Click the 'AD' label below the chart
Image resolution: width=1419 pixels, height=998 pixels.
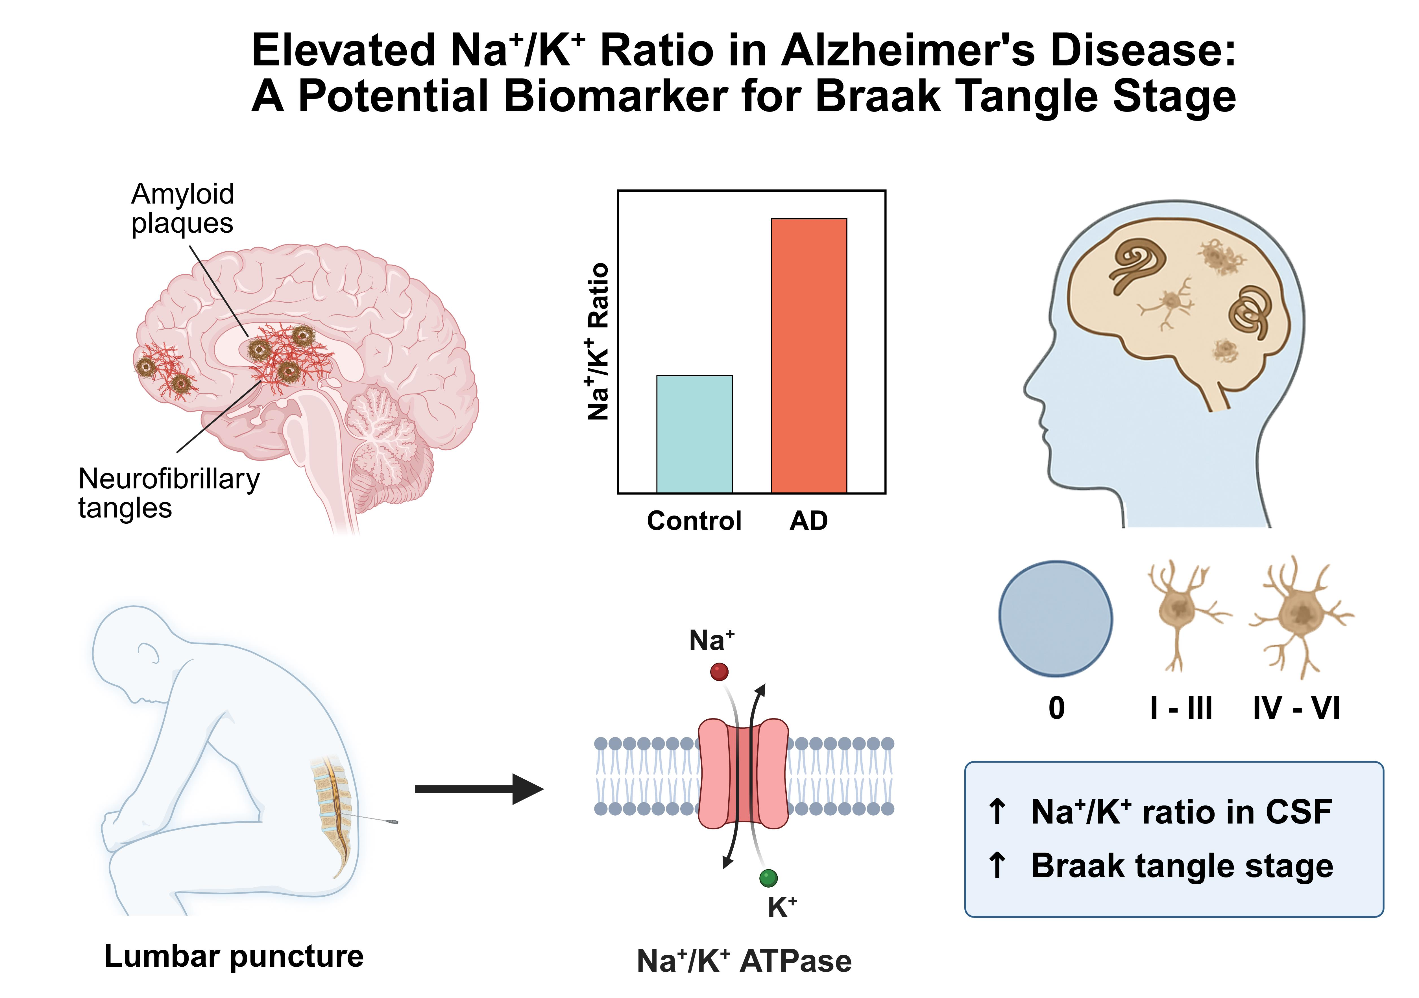(x=808, y=521)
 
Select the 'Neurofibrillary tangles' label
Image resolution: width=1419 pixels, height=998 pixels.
(x=168, y=493)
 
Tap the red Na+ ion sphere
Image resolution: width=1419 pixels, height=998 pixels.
(x=719, y=672)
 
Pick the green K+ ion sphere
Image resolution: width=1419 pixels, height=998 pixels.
(x=768, y=877)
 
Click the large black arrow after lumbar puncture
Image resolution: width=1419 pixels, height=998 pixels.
(x=479, y=789)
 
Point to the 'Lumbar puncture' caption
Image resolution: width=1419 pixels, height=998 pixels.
(x=234, y=956)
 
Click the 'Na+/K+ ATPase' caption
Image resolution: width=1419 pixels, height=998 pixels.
(x=744, y=961)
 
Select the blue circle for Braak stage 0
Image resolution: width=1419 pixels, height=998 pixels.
(x=1056, y=618)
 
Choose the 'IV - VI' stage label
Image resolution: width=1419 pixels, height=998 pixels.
(x=1296, y=708)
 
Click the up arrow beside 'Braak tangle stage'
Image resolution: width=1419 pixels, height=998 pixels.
(x=996, y=864)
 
